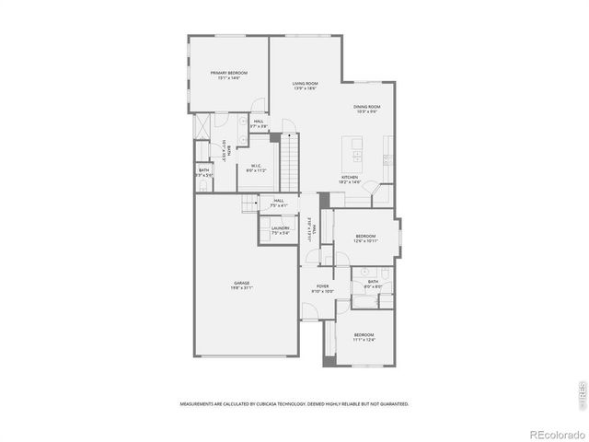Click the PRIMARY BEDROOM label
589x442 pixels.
[229, 73]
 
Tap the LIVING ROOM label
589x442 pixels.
[305, 84]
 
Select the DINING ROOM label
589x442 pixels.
[366, 107]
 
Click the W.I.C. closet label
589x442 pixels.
[255, 166]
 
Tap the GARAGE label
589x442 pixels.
[242, 283]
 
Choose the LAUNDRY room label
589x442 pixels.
[281, 227]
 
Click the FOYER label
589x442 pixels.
[323, 286]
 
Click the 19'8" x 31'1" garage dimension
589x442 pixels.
[242, 289]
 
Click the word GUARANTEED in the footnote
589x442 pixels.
[393, 403]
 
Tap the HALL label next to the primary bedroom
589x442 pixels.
[259, 121]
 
